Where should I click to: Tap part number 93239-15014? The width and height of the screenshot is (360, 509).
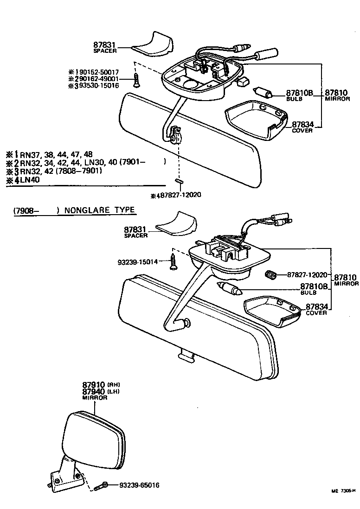(138, 262)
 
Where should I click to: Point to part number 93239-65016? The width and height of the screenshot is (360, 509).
(139, 485)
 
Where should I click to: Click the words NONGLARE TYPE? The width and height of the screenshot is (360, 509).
(99, 210)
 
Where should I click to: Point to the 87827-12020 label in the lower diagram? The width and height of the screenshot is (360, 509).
(307, 275)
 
